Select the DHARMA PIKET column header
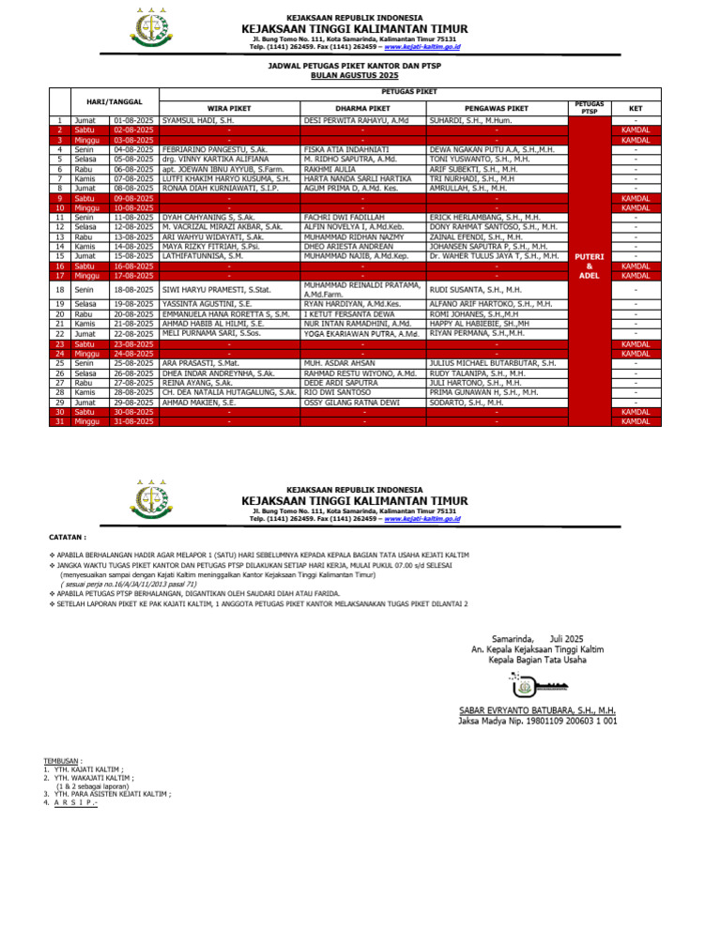pyautogui.click(x=361, y=109)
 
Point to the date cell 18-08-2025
pyautogui.click(x=132, y=290)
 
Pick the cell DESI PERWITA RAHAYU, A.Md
pyautogui.click(x=356, y=121)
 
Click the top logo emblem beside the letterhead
pyautogui.click(x=148, y=27)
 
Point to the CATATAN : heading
pyautogui.click(x=67, y=539)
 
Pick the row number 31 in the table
pyautogui.click(x=58, y=421)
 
